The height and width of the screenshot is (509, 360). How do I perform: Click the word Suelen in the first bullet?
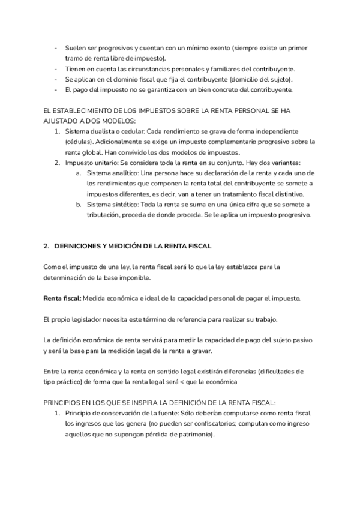76,47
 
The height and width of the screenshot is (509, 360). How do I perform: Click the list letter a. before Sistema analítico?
79,173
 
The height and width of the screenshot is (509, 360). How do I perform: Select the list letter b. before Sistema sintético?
79,205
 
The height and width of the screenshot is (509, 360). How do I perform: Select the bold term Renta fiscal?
62,298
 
